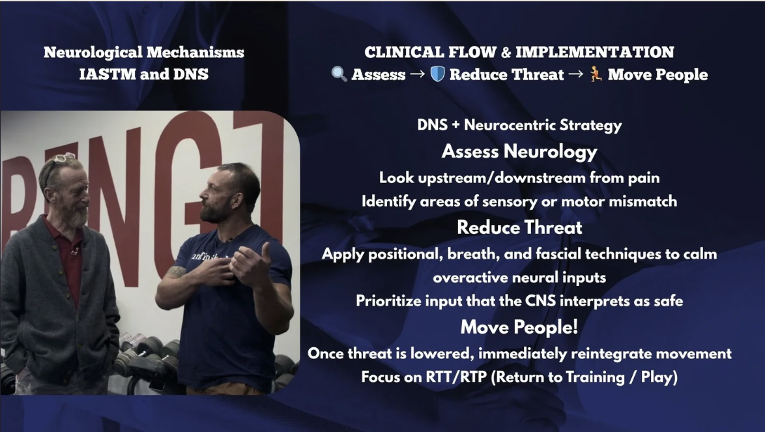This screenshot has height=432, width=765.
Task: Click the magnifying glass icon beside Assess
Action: (x=339, y=74)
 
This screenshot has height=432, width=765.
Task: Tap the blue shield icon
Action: (x=438, y=74)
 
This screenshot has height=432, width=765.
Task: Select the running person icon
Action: (x=596, y=74)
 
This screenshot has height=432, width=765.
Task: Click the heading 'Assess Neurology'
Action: (x=519, y=152)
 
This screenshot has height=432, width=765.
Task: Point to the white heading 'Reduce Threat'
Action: (x=519, y=227)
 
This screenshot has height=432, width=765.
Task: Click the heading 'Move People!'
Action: (x=519, y=326)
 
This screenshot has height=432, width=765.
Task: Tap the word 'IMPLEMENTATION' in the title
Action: (x=595, y=52)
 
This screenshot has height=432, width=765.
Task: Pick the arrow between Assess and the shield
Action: (x=418, y=74)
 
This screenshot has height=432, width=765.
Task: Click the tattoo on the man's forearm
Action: (x=177, y=272)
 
